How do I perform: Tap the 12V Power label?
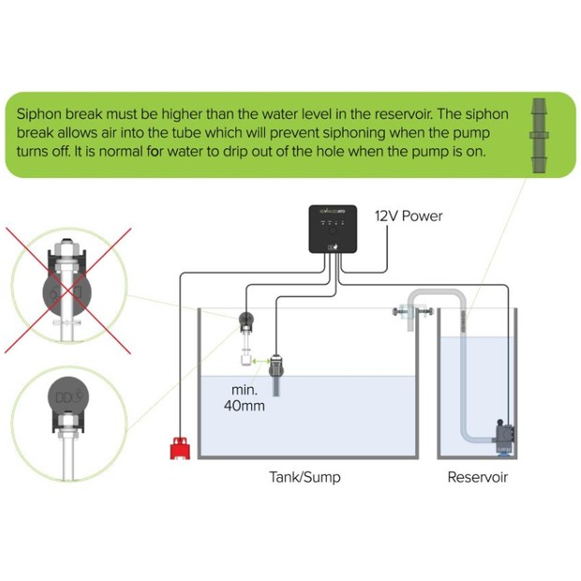(409, 216)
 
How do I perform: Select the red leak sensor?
(179, 451)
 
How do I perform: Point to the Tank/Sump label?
(305, 477)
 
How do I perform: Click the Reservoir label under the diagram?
(477, 477)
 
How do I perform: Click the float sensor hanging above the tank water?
(245, 328)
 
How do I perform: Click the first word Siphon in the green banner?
(38, 113)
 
